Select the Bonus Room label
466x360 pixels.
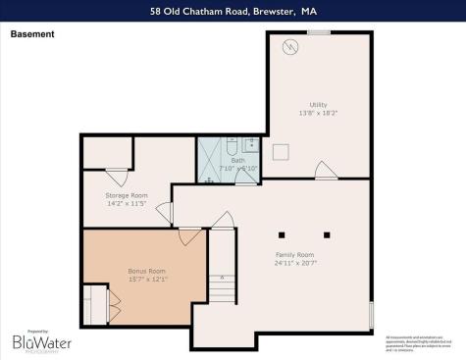point(147,271)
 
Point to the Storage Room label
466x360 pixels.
point(127,195)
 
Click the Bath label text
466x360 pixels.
point(238,159)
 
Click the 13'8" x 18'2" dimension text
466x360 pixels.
point(318,112)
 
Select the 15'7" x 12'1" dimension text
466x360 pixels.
point(147,279)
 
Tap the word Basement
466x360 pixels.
point(32,34)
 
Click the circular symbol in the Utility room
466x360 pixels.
point(290,46)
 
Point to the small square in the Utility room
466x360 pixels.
point(280,149)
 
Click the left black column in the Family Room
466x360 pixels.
point(282,233)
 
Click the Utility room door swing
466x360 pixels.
point(326,172)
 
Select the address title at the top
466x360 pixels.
point(233,13)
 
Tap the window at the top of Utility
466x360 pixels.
point(318,32)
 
